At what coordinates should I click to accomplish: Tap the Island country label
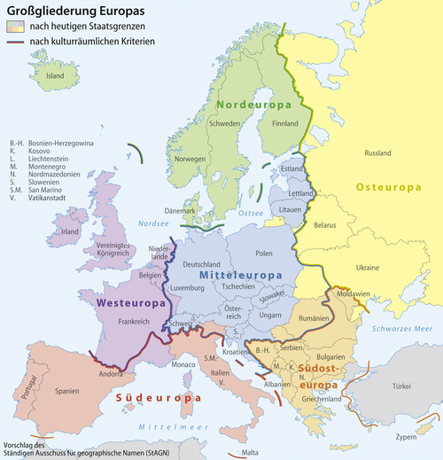[x=56, y=76]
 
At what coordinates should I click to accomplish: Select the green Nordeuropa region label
[x=249, y=105]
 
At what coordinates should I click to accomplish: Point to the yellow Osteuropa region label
[x=387, y=187]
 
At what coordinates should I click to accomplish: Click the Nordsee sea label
[x=153, y=225]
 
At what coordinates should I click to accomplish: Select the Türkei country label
[x=402, y=386]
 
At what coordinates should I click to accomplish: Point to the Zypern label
[x=406, y=437]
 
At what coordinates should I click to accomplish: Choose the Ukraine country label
[x=367, y=268]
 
